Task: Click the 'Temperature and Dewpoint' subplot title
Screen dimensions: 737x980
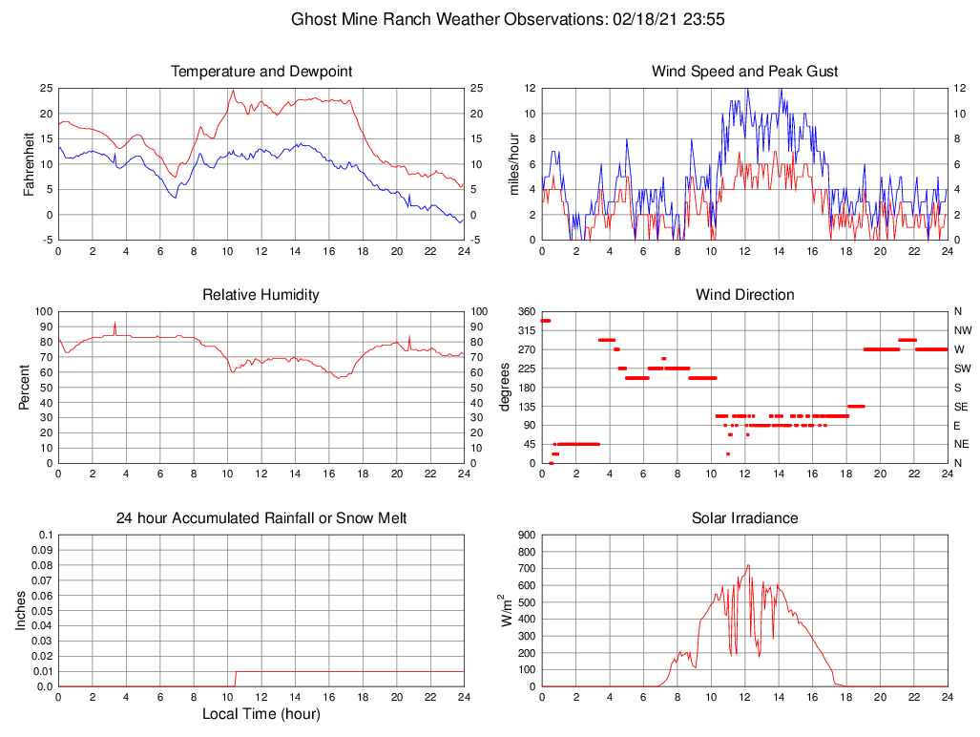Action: click(x=261, y=72)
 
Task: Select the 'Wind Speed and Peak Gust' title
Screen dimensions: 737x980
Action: click(x=744, y=72)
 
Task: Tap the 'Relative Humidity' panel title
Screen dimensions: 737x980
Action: click(x=261, y=295)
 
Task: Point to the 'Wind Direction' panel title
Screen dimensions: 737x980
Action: click(x=744, y=295)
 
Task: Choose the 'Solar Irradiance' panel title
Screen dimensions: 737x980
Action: click(x=744, y=518)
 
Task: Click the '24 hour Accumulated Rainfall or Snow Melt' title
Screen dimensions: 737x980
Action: click(x=261, y=518)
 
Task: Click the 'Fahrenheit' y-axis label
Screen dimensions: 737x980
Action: click(x=31, y=163)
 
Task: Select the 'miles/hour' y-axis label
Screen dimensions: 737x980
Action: click(x=514, y=163)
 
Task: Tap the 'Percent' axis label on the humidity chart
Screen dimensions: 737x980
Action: click(x=25, y=387)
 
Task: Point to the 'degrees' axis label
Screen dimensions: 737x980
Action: click(x=505, y=387)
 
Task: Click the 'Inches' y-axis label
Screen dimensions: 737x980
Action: click(x=21, y=610)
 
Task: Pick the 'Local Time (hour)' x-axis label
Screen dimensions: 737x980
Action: click(x=261, y=713)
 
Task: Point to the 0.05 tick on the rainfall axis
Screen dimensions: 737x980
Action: click(x=43, y=611)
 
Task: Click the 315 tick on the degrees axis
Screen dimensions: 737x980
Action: click(x=525, y=330)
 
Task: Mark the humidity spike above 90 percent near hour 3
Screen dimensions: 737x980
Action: click(x=115, y=324)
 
